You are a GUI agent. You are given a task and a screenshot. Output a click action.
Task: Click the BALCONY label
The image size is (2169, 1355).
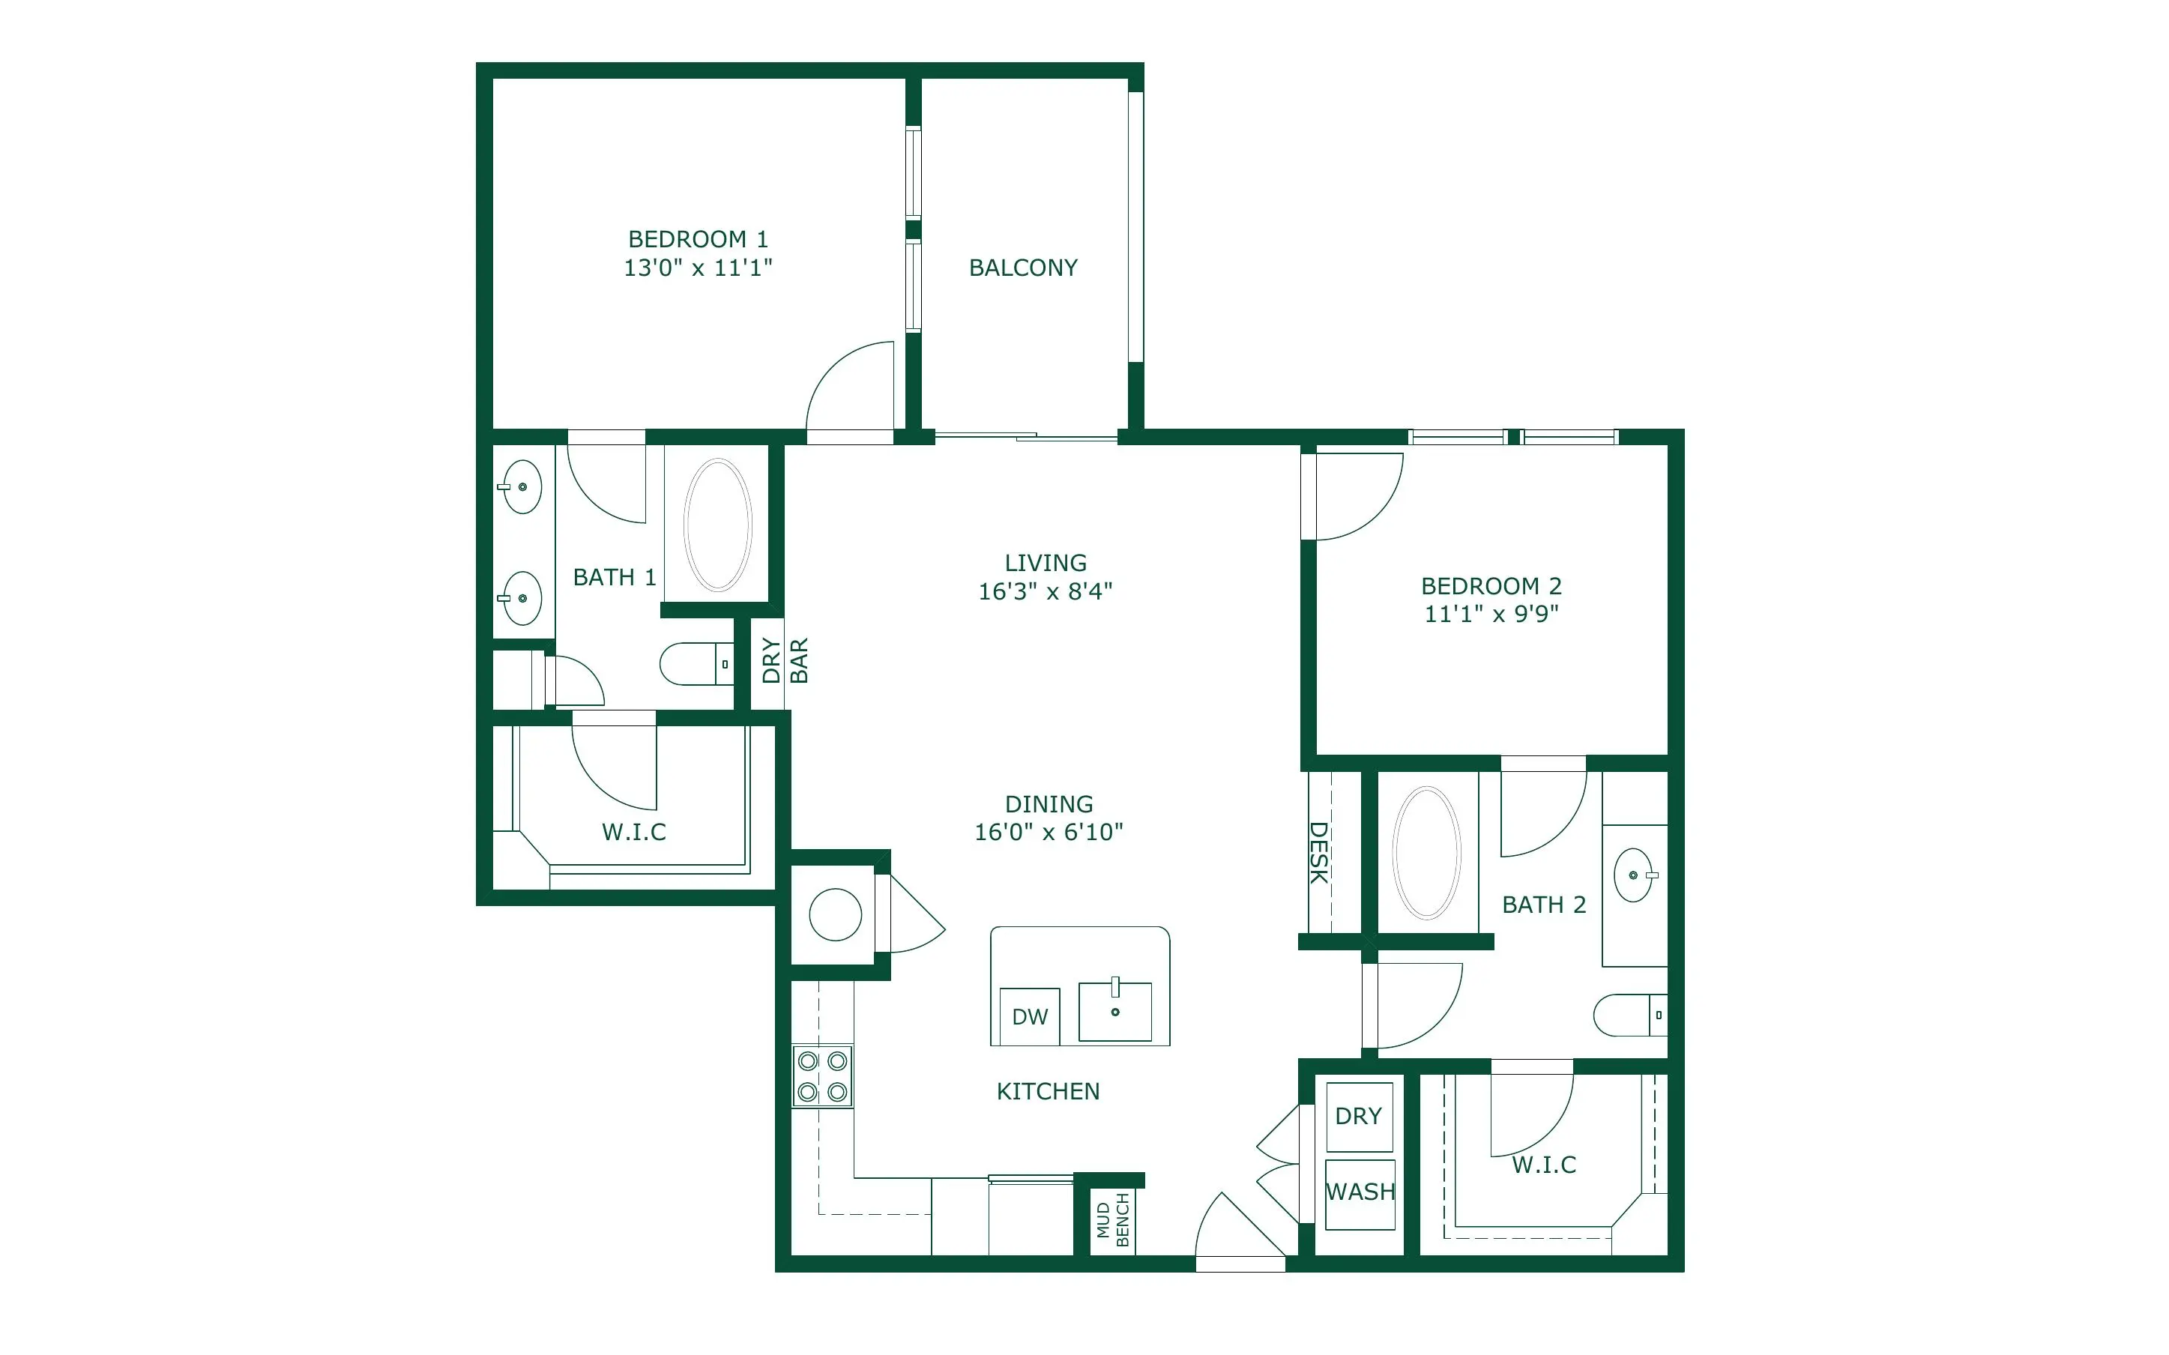click(x=1023, y=268)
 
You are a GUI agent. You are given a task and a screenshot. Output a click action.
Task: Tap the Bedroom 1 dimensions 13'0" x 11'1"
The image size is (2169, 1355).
click(x=698, y=268)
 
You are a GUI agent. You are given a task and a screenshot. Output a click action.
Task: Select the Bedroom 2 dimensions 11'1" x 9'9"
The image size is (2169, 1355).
click(x=1491, y=614)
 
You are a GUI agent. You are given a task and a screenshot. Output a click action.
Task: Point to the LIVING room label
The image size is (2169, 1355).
click(x=1046, y=563)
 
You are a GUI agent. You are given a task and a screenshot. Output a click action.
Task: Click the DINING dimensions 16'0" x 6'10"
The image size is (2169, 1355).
click(x=1049, y=833)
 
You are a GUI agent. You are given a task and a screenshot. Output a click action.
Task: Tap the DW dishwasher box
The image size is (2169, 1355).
click(x=1029, y=1016)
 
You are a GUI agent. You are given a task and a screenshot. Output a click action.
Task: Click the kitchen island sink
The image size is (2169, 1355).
click(x=1115, y=1011)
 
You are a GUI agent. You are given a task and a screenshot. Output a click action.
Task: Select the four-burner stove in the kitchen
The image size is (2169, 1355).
click(x=822, y=1076)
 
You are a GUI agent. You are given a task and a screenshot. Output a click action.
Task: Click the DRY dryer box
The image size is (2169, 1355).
click(x=1359, y=1117)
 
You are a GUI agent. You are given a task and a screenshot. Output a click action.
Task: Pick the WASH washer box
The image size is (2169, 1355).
click(x=1360, y=1195)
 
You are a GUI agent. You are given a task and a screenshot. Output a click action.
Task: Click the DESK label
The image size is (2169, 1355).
click(x=1319, y=852)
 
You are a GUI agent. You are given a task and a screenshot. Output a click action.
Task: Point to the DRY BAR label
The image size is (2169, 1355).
click(x=785, y=660)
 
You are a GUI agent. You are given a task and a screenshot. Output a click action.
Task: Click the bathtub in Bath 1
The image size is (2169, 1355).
click(x=717, y=525)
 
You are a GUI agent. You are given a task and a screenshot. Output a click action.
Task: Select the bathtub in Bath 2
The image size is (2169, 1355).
click(x=1426, y=853)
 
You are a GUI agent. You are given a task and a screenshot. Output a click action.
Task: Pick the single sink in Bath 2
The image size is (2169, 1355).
click(x=1635, y=875)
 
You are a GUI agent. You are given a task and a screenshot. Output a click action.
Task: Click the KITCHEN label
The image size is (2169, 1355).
click(x=1049, y=1091)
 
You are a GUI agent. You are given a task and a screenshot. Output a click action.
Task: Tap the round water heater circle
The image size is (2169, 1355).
click(x=835, y=914)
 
